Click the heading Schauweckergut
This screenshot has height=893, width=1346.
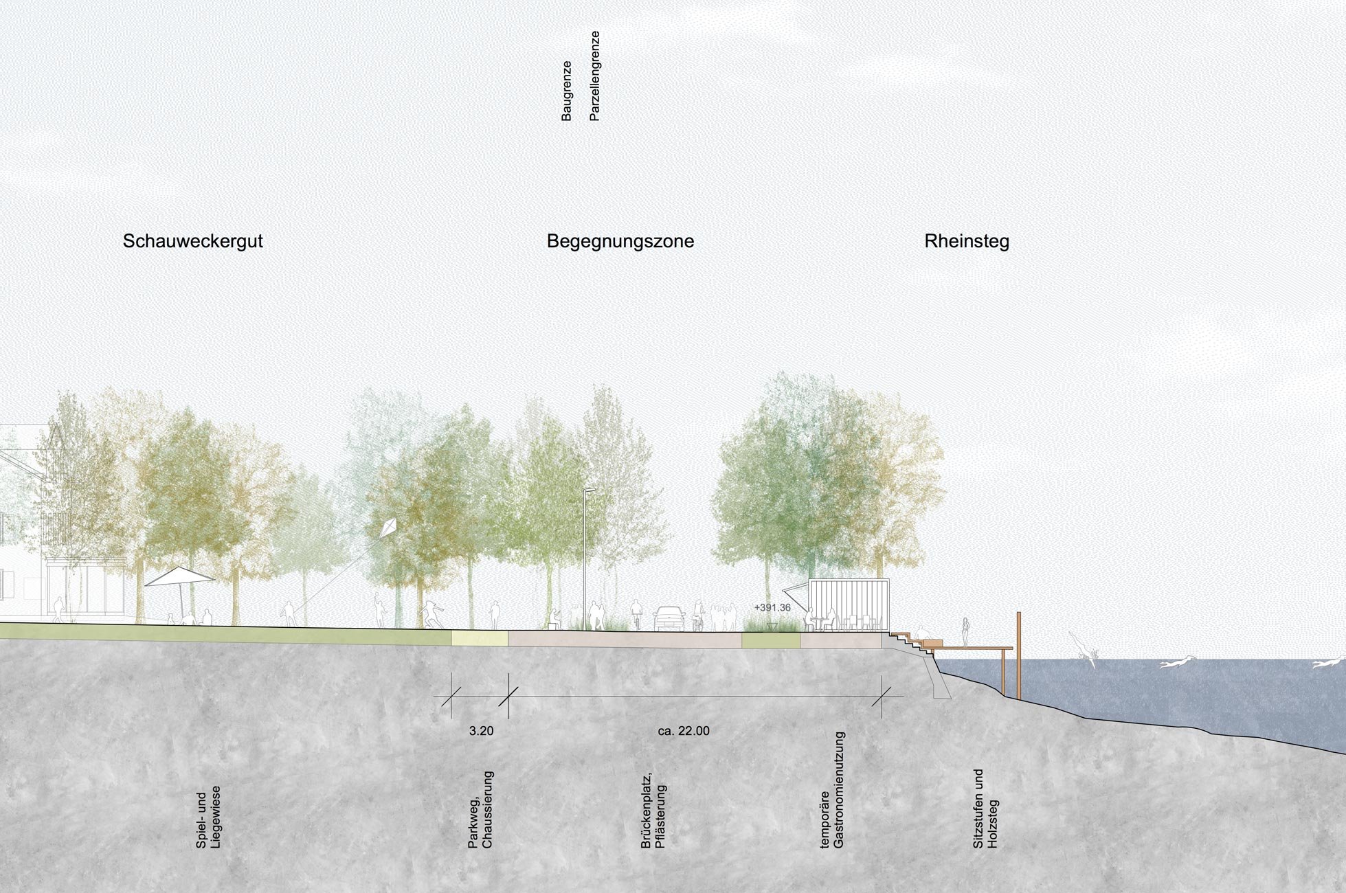click(x=192, y=241)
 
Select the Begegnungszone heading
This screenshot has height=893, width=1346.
click(x=620, y=241)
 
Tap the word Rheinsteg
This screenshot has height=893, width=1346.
click(x=966, y=241)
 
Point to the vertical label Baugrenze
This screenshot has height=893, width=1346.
click(x=567, y=91)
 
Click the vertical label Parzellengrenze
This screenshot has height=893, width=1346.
click(x=595, y=76)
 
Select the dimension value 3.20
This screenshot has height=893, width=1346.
click(x=481, y=731)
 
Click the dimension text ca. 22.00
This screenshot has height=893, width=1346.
click(x=683, y=731)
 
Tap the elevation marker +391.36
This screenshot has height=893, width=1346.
click(x=772, y=608)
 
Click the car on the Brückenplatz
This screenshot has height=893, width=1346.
click(x=669, y=618)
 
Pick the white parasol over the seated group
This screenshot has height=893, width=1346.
click(x=179, y=577)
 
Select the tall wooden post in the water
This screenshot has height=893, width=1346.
click(x=1018, y=655)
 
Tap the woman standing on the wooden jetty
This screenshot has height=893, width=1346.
click(x=965, y=631)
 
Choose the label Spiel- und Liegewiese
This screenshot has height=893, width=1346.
click(x=208, y=821)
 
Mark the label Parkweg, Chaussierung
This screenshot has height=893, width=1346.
click(x=481, y=810)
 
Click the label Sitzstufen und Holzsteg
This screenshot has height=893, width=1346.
click(x=985, y=809)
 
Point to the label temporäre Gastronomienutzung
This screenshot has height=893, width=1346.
click(x=832, y=791)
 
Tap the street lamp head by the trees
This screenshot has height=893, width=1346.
click(x=590, y=490)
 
